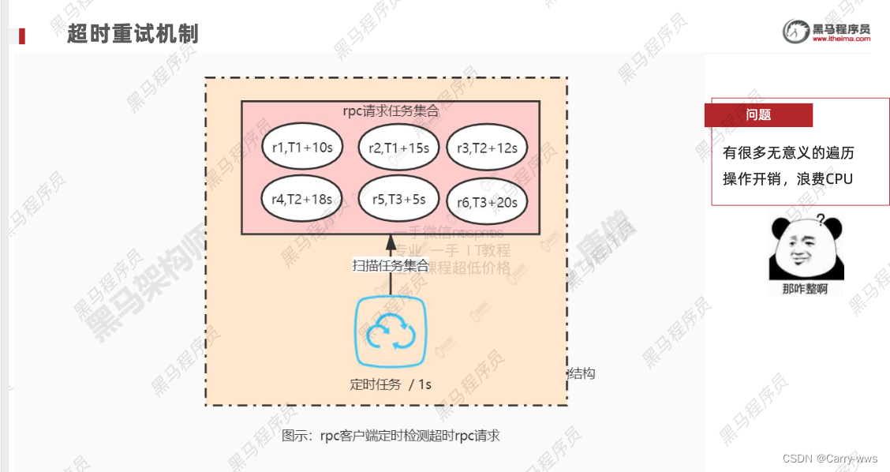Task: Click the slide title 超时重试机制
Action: coord(132,34)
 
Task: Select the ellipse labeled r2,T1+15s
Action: coord(399,147)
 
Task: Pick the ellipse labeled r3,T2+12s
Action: coord(487,147)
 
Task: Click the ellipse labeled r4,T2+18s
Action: coord(301,199)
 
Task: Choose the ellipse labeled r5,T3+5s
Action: coord(399,199)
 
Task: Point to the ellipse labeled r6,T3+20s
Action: coord(487,202)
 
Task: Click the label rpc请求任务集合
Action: coord(391,111)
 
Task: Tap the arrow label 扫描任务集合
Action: coord(391,265)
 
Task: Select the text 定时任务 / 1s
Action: coord(391,384)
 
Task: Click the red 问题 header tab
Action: coord(758,114)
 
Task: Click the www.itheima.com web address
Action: coord(841,38)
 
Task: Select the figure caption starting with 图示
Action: coord(391,435)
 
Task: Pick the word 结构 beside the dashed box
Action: coord(581,373)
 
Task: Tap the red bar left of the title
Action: coord(22,36)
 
